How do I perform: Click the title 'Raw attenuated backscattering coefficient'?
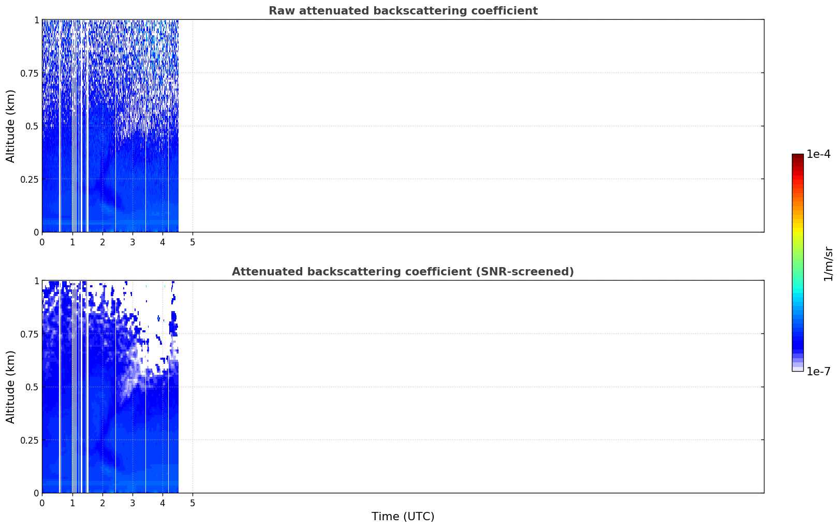403,10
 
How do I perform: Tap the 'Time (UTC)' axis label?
403,517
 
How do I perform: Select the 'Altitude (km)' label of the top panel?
10,126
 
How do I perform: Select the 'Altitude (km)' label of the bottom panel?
10,387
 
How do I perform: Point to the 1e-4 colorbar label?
818,154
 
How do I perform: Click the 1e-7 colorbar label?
818,372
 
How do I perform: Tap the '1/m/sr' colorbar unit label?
828,263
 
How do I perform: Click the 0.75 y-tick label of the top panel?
30,73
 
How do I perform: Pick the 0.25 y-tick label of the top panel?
30,180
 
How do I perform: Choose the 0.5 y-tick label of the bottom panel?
32,387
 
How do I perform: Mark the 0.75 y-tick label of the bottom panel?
30,334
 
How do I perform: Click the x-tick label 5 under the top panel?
193,242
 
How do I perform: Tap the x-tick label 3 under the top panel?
133,242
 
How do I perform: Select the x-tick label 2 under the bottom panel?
102,503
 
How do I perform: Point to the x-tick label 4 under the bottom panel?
163,503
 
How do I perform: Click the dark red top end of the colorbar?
798,156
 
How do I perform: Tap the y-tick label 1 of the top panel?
37,20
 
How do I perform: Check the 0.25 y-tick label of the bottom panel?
30,441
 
